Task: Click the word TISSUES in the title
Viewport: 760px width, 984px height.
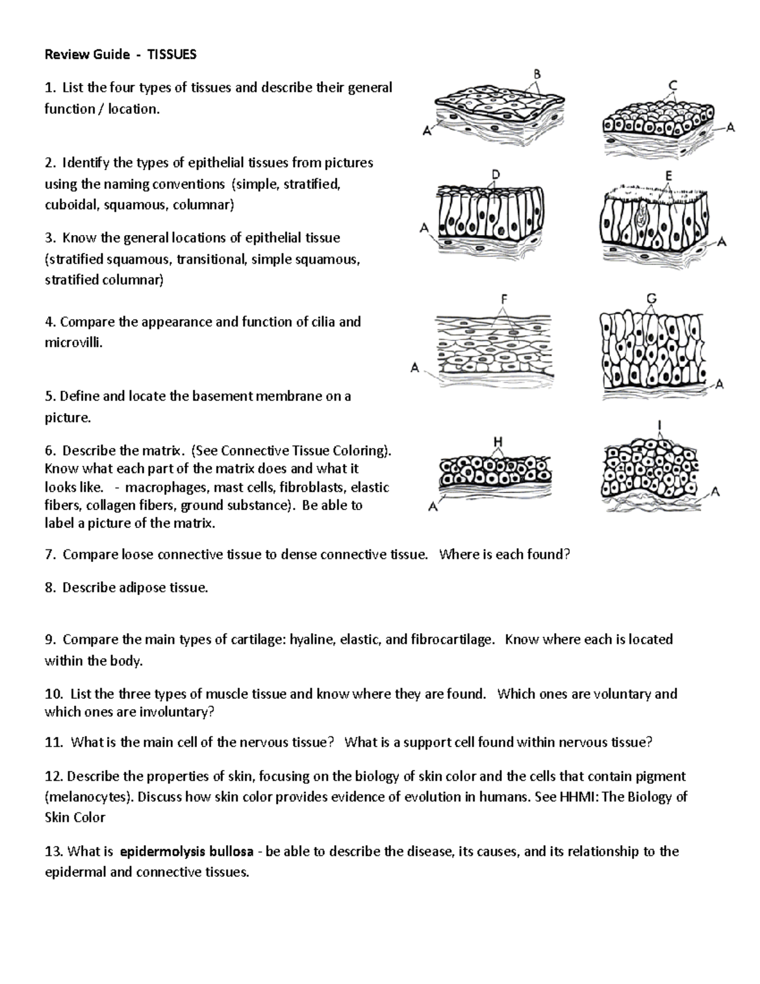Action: click(172, 54)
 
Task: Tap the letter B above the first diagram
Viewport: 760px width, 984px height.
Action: click(537, 74)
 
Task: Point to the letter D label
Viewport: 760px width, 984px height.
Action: click(495, 174)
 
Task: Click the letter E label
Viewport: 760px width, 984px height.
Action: click(669, 176)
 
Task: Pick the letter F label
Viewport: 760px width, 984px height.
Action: click(503, 298)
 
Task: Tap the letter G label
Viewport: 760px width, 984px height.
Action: click(651, 298)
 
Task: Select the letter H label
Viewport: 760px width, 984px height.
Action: click(498, 441)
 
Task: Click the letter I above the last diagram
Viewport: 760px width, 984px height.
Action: click(660, 425)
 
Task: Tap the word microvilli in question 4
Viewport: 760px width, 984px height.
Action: click(72, 343)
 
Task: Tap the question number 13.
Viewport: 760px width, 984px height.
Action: click(53, 851)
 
